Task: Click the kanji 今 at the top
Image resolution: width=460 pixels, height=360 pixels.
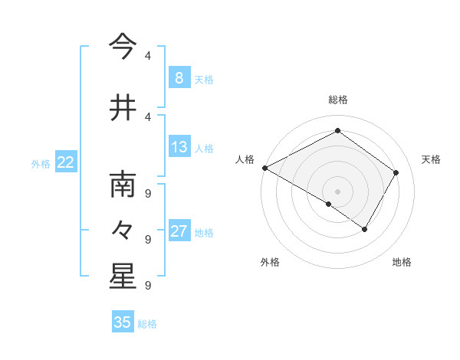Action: (x=123, y=47)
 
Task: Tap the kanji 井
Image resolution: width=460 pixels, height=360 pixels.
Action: (x=123, y=108)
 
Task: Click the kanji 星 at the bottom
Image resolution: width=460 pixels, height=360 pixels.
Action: (x=123, y=277)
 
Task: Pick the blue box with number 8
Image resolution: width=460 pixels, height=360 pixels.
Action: (x=179, y=78)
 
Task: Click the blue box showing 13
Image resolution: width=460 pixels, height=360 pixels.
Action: (x=179, y=147)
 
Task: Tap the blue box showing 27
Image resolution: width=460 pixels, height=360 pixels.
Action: (x=179, y=231)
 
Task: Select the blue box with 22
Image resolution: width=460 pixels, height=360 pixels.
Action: (x=66, y=162)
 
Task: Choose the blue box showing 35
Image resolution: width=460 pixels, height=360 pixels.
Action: (x=123, y=322)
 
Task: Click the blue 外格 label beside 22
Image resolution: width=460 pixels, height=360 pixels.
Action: (x=41, y=163)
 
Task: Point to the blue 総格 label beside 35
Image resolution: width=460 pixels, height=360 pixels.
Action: (x=147, y=324)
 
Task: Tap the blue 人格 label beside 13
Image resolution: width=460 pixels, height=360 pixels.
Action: (x=204, y=148)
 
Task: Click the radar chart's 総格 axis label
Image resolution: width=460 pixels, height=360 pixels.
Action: (x=337, y=100)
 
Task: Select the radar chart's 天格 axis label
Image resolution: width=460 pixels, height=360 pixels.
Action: (x=431, y=159)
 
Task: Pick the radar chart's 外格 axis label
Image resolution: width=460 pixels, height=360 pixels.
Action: (x=270, y=262)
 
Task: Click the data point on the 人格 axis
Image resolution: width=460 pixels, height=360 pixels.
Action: (x=264, y=168)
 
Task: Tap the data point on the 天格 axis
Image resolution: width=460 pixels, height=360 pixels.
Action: (x=396, y=172)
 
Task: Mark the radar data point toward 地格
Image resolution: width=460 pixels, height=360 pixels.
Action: (x=365, y=229)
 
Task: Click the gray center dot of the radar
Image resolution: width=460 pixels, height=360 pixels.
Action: (x=337, y=191)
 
